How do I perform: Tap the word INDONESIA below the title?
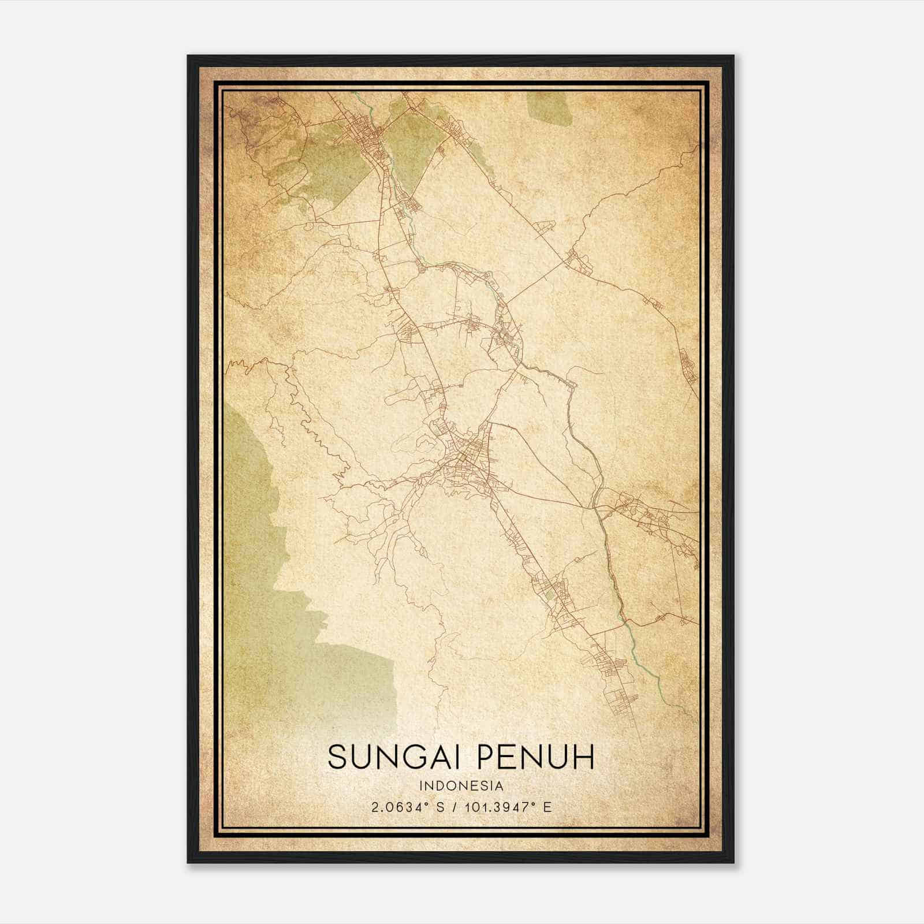tap(461, 786)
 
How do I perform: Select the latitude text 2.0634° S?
tap(409, 807)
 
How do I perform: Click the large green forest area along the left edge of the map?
tap(254, 520)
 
